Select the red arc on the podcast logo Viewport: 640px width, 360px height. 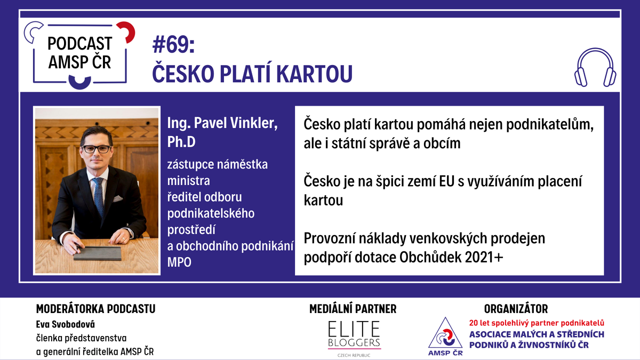pos(127,31)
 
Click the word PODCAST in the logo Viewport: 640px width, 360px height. pos(79,43)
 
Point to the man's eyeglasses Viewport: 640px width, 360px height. pos(97,149)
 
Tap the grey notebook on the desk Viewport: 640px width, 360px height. pos(98,253)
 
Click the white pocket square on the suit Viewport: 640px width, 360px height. pos(117,198)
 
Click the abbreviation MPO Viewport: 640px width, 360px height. pos(179,262)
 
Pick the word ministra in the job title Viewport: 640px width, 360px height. pos(189,181)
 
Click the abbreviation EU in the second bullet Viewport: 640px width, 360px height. pos(446,181)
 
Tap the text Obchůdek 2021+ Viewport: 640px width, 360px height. pos(451,257)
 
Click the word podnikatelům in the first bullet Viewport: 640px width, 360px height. pos(550,125)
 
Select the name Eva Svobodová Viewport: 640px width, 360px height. pos(66,324)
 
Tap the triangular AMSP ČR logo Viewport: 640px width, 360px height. pos(445,337)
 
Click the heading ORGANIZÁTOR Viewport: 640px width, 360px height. pos(516,309)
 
